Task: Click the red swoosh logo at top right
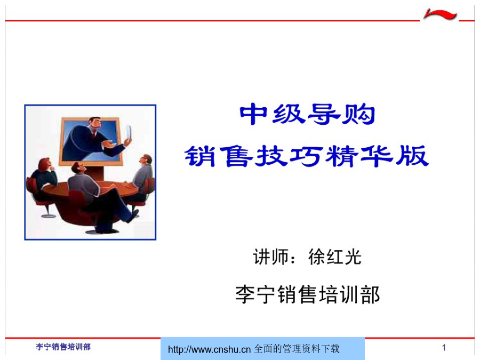[x=440, y=14]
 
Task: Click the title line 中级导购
[x=307, y=114]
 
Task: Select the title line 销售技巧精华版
[x=307, y=156]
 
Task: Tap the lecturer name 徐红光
[x=335, y=257]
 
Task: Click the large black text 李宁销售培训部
[x=307, y=294]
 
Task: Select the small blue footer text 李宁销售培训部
[x=63, y=347]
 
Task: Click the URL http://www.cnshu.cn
[x=210, y=349]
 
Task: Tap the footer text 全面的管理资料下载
[x=297, y=349]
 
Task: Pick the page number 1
[x=444, y=347]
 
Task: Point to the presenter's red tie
[x=94, y=134]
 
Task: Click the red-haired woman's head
[x=45, y=165]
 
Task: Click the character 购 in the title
[x=358, y=114]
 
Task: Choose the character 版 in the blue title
[x=412, y=156]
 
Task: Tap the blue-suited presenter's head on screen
[x=95, y=124]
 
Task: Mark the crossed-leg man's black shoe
[x=133, y=216]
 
